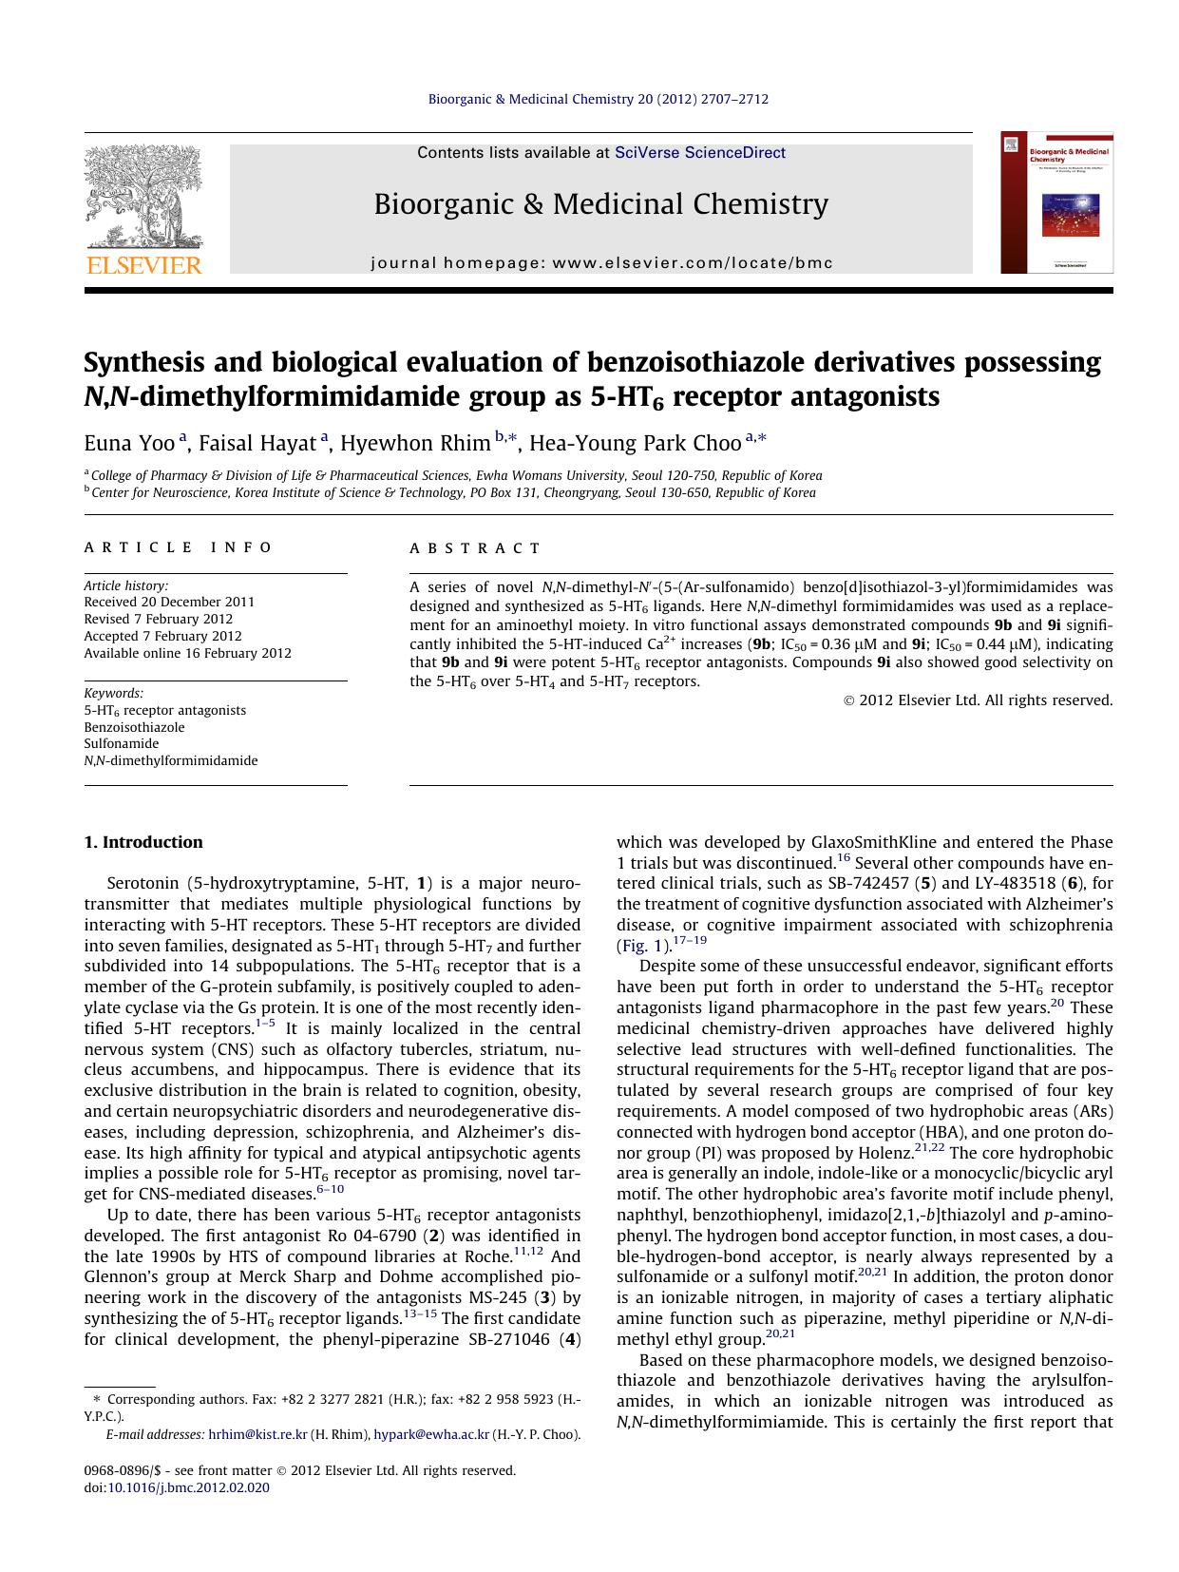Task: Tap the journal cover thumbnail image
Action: point(1056,203)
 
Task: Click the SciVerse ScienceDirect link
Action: point(700,152)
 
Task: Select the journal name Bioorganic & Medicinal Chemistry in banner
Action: point(600,204)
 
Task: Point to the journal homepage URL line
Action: point(601,263)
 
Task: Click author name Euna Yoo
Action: point(129,444)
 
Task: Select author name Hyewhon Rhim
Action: point(415,444)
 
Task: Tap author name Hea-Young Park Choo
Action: point(635,444)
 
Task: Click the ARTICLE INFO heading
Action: point(179,548)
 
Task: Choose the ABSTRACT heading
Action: point(475,548)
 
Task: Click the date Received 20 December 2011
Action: point(169,602)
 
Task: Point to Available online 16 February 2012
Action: point(187,653)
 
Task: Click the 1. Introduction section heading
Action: point(143,842)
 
